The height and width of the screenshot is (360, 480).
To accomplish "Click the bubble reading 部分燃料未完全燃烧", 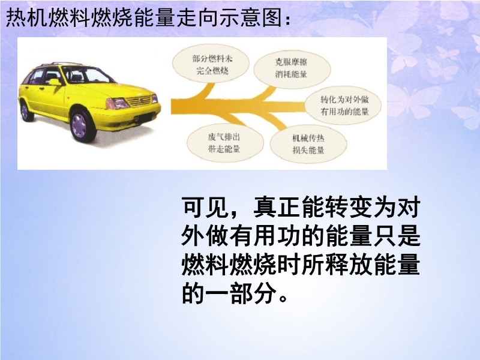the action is (x=211, y=65).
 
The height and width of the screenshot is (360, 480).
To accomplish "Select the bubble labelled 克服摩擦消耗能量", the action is (x=292, y=68).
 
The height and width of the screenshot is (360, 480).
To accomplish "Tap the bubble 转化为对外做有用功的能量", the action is (x=343, y=106).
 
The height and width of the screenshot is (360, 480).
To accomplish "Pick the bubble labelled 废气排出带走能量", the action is (x=226, y=143).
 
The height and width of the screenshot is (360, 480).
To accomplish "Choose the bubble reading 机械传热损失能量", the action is (x=308, y=144).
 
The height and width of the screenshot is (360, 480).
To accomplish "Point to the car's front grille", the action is (x=139, y=101).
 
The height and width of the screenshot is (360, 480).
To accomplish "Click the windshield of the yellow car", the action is (x=89, y=75).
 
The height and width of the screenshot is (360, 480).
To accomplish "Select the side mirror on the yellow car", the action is (x=55, y=82).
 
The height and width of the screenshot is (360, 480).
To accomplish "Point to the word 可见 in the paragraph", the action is (x=206, y=208).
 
